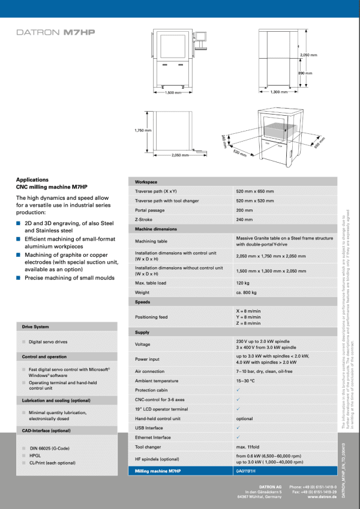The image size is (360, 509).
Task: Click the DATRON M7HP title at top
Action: (x=56, y=34)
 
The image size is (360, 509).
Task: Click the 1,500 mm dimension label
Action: (x=173, y=92)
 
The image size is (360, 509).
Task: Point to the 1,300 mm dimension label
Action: (x=275, y=92)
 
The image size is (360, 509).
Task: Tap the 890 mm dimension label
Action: (x=305, y=73)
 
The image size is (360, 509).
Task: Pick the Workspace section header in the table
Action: (x=146, y=182)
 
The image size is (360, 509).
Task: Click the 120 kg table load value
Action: (x=242, y=282)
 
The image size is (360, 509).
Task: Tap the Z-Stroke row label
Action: (x=143, y=220)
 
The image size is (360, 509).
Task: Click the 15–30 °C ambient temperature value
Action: (x=246, y=381)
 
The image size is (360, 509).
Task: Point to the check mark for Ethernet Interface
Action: (x=238, y=437)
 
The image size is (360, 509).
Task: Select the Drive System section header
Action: (x=36, y=327)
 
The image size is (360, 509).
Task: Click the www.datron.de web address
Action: (x=322, y=497)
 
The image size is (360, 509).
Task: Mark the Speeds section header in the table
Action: (x=143, y=302)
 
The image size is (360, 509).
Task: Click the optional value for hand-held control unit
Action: (x=244, y=418)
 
